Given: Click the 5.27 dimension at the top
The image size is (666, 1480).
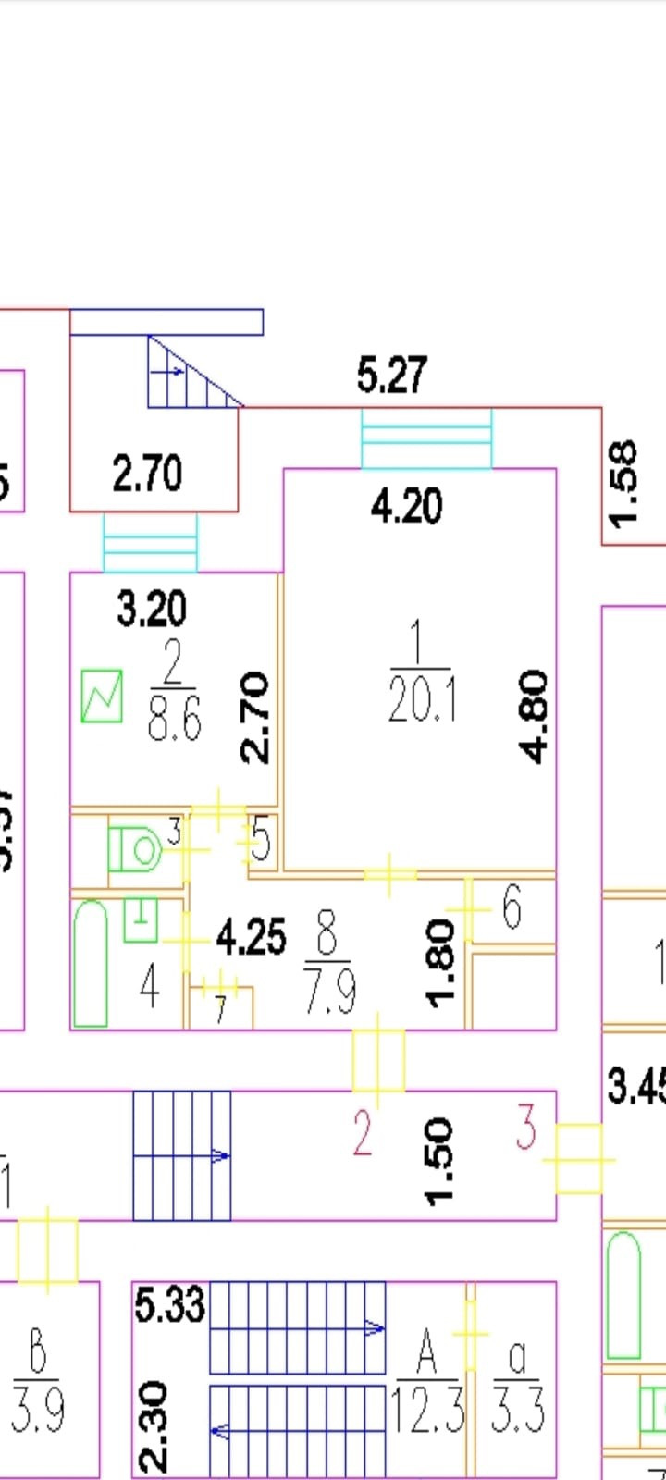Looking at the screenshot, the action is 392,376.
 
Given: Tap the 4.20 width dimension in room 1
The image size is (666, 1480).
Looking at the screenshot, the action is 407,506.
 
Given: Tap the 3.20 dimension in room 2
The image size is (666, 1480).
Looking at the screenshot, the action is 152,609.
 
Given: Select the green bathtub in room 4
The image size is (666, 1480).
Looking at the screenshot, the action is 90,963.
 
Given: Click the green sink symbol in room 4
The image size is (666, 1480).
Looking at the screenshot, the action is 141,919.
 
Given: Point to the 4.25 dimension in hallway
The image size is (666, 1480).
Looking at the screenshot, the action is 250,937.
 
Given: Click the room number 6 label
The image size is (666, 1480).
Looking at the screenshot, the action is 512,907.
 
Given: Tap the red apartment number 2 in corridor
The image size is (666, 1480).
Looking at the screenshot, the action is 362,1135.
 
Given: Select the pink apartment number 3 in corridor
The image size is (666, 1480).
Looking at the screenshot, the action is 525,1128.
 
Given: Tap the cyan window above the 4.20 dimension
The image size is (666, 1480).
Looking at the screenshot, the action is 426,439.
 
